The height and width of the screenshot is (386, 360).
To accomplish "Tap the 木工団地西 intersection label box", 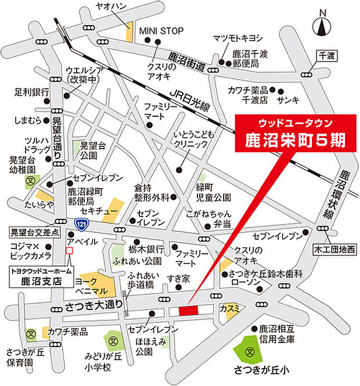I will pyautogui.click(x=335, y=249).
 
